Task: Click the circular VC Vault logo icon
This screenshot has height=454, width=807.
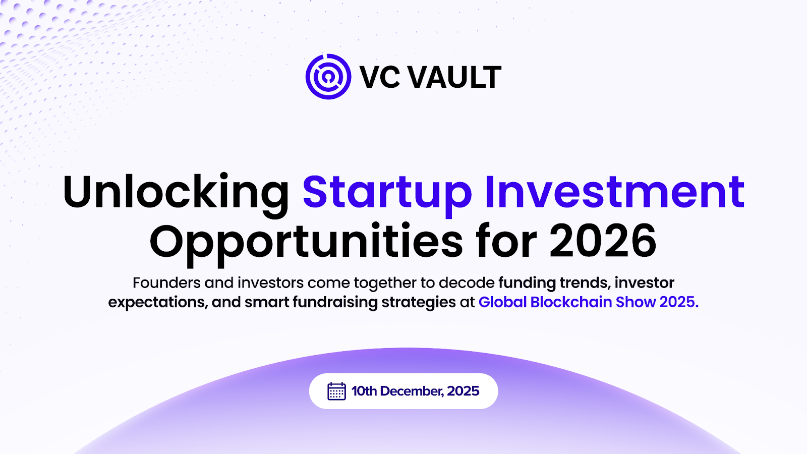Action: [328, 77]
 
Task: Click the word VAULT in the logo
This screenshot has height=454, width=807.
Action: [454, 77]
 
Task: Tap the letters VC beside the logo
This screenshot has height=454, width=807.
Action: [380, 77]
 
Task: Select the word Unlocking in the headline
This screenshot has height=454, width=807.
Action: [176, 192]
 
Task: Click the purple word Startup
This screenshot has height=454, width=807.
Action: [387, 192]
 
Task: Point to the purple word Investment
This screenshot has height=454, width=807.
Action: [614, 192]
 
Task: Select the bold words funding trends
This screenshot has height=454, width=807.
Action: [554, 282]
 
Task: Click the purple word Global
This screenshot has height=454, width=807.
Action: [502, 302]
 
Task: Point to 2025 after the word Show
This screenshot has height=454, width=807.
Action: [678, 302]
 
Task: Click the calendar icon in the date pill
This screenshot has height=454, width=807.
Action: [336, 391]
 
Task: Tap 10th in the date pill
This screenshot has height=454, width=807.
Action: [364, 391]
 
